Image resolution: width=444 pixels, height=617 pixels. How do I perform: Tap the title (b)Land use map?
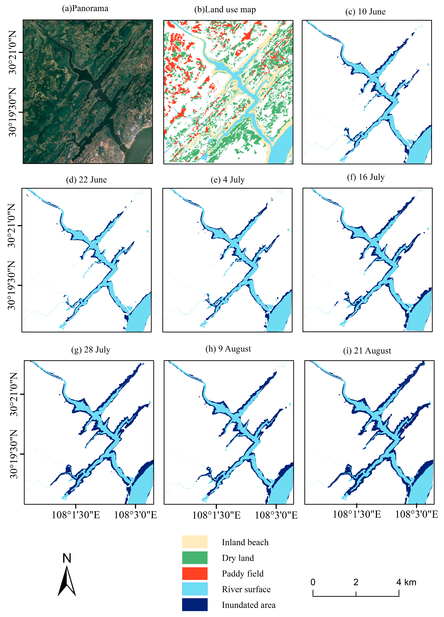coord(225,10)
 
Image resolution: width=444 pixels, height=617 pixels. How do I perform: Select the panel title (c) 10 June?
coord(365,12)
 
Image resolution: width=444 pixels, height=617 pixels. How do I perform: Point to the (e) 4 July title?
coord(228,180)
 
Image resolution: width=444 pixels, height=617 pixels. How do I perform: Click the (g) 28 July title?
coord(91,350)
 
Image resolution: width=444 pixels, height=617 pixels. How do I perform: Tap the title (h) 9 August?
coord(228,349)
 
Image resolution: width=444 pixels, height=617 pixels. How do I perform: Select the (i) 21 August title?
coord(367,351)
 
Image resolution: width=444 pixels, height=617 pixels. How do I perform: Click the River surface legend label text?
coord(246,589)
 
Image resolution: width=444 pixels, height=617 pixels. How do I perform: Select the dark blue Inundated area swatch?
coord(195,604)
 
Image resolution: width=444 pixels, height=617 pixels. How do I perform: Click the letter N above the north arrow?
coord(67,558)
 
